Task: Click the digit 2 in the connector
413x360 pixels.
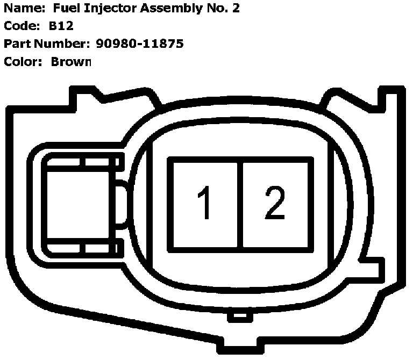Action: click(x=275, y=203)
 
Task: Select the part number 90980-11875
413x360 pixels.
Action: click(x=140, y=44)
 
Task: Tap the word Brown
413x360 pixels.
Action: click(x=72, y=61)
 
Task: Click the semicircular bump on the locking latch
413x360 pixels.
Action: click(x=123, y=204)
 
